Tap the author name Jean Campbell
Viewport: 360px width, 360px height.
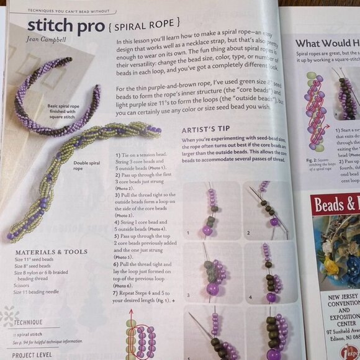tap(48, 42)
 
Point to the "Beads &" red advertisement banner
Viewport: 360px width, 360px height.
tap(336, 205)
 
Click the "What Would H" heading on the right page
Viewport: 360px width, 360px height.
tap(326, 43)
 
